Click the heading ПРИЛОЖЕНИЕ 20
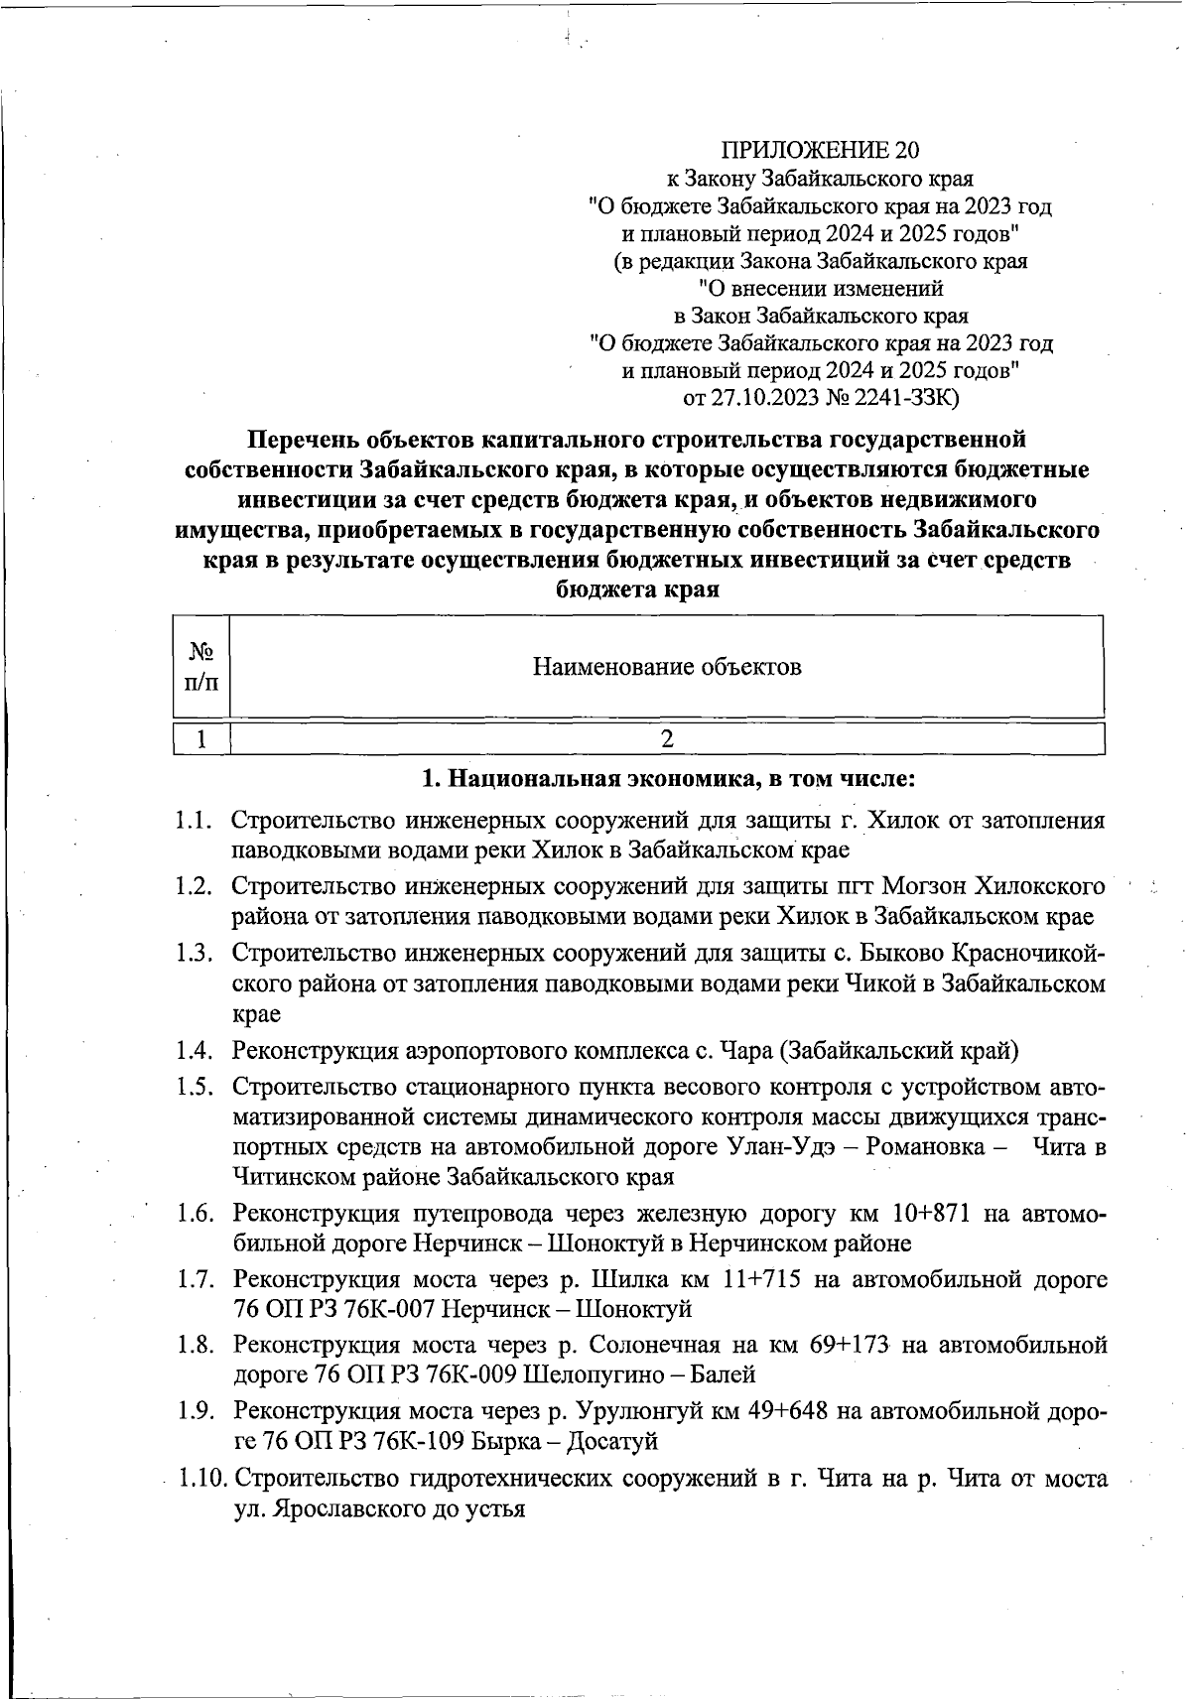(820, 150)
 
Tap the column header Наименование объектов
(667, 666)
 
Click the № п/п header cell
(201, 666)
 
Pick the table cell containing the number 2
(667, 738)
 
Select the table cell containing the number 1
(201, 738)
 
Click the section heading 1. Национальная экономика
(667, 779)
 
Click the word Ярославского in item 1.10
(361, 1509)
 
